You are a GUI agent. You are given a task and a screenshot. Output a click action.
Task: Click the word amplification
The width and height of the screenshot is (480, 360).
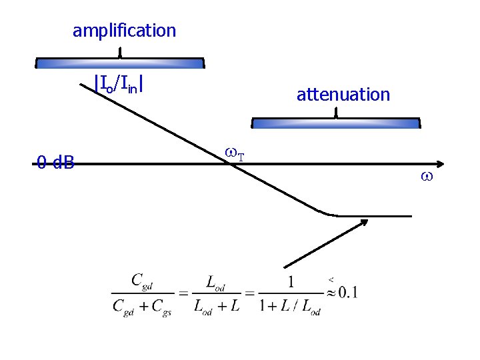(x=124, y=31)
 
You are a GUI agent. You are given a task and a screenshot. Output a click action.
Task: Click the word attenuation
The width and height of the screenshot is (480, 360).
(x=343, y=95)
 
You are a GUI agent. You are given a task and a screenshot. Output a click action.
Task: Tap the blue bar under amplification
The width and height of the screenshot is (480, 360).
(x=120, y=63)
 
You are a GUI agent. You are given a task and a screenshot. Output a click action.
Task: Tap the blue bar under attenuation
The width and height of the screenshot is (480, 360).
(x=336, y=123)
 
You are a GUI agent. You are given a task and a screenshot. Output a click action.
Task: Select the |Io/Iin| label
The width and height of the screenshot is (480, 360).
(x=120, y=84)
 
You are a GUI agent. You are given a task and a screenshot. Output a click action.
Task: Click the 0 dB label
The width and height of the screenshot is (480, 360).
(x=55, y=162)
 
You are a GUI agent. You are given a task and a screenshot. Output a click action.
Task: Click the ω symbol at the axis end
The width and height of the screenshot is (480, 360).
(x=427, y=177)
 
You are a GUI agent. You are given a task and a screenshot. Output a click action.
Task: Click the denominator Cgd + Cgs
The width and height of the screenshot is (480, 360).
(x=141, y=307)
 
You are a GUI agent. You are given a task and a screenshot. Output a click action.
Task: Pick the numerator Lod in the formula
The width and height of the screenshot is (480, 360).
(x=215, y=283)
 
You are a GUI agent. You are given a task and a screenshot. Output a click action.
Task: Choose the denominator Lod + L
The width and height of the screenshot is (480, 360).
(x=216, y=307)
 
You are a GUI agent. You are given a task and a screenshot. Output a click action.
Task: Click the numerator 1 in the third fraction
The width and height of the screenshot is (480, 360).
(x=290, y=281)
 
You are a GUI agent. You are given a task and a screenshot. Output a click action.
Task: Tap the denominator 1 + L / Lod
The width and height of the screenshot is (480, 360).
(x=290, y=307)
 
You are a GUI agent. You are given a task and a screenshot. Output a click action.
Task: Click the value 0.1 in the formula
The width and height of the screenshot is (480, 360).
(x=348, y=293)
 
